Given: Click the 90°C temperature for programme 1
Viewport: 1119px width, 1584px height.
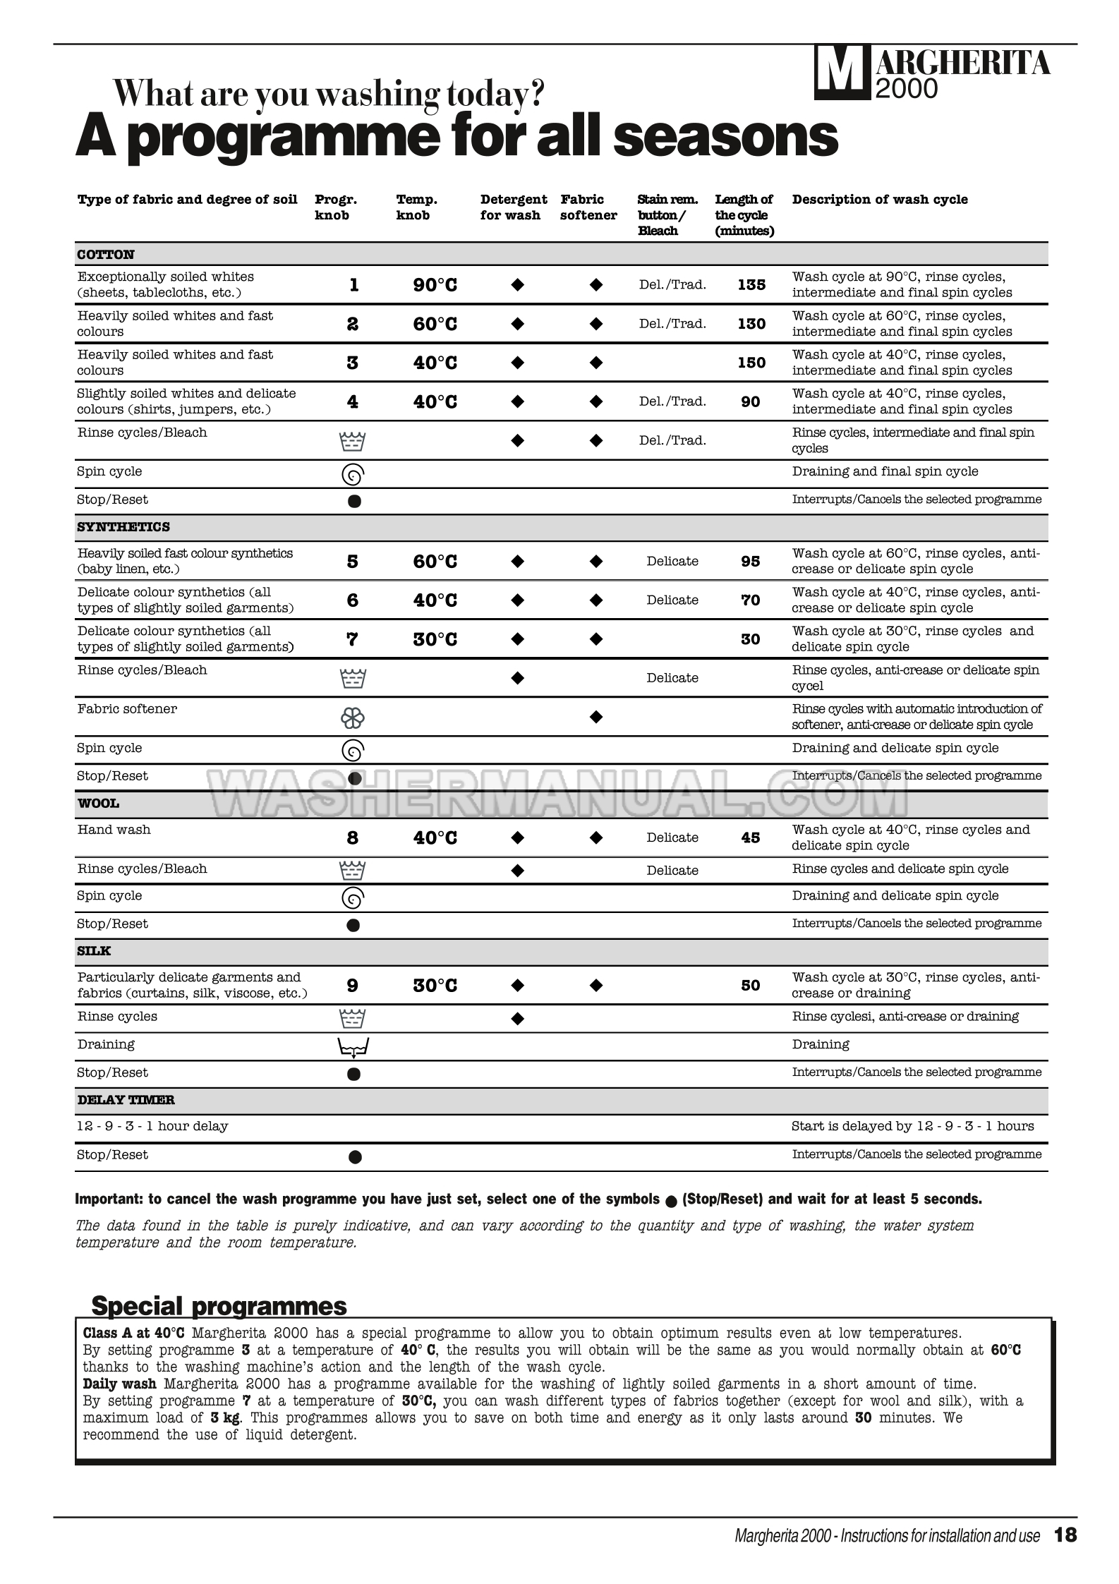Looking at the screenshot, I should [x=435, y=285].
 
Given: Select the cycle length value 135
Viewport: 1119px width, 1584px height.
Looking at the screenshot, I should [x=751, y=285].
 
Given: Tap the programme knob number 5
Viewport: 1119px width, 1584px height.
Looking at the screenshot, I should [x=353, y=562].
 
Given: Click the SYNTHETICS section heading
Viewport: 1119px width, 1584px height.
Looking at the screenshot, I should [x=123, y=527].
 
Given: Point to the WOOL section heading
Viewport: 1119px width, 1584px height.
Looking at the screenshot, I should [x=98, y=804].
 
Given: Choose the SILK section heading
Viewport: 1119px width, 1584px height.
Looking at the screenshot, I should [x=95, y=951].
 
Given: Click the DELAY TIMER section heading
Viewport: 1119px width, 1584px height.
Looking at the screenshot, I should [x=126, y=1100].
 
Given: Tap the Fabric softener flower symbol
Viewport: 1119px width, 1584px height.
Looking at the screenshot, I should [x=353, y=718].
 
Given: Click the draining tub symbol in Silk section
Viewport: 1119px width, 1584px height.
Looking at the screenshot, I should [x=353, y=1048].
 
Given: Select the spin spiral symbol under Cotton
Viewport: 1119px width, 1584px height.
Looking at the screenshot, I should [x=353, y=476].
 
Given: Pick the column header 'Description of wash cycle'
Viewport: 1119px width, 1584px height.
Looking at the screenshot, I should [x=879, y=200].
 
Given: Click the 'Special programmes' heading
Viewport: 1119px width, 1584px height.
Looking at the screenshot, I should [x=219, y=1306].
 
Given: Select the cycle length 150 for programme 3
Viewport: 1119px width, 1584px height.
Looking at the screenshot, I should [x=751, y=363].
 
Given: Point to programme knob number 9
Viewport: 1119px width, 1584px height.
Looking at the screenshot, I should [x=353, y=986].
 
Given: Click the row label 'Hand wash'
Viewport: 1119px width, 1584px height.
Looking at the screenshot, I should [x=114, y=830].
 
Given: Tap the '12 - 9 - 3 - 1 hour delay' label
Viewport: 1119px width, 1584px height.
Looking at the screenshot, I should [x=152, y=1126].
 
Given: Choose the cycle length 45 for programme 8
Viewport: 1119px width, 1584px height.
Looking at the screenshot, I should [x=751, y=838].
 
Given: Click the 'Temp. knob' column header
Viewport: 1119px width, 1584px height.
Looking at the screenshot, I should [x=416, y=207].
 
